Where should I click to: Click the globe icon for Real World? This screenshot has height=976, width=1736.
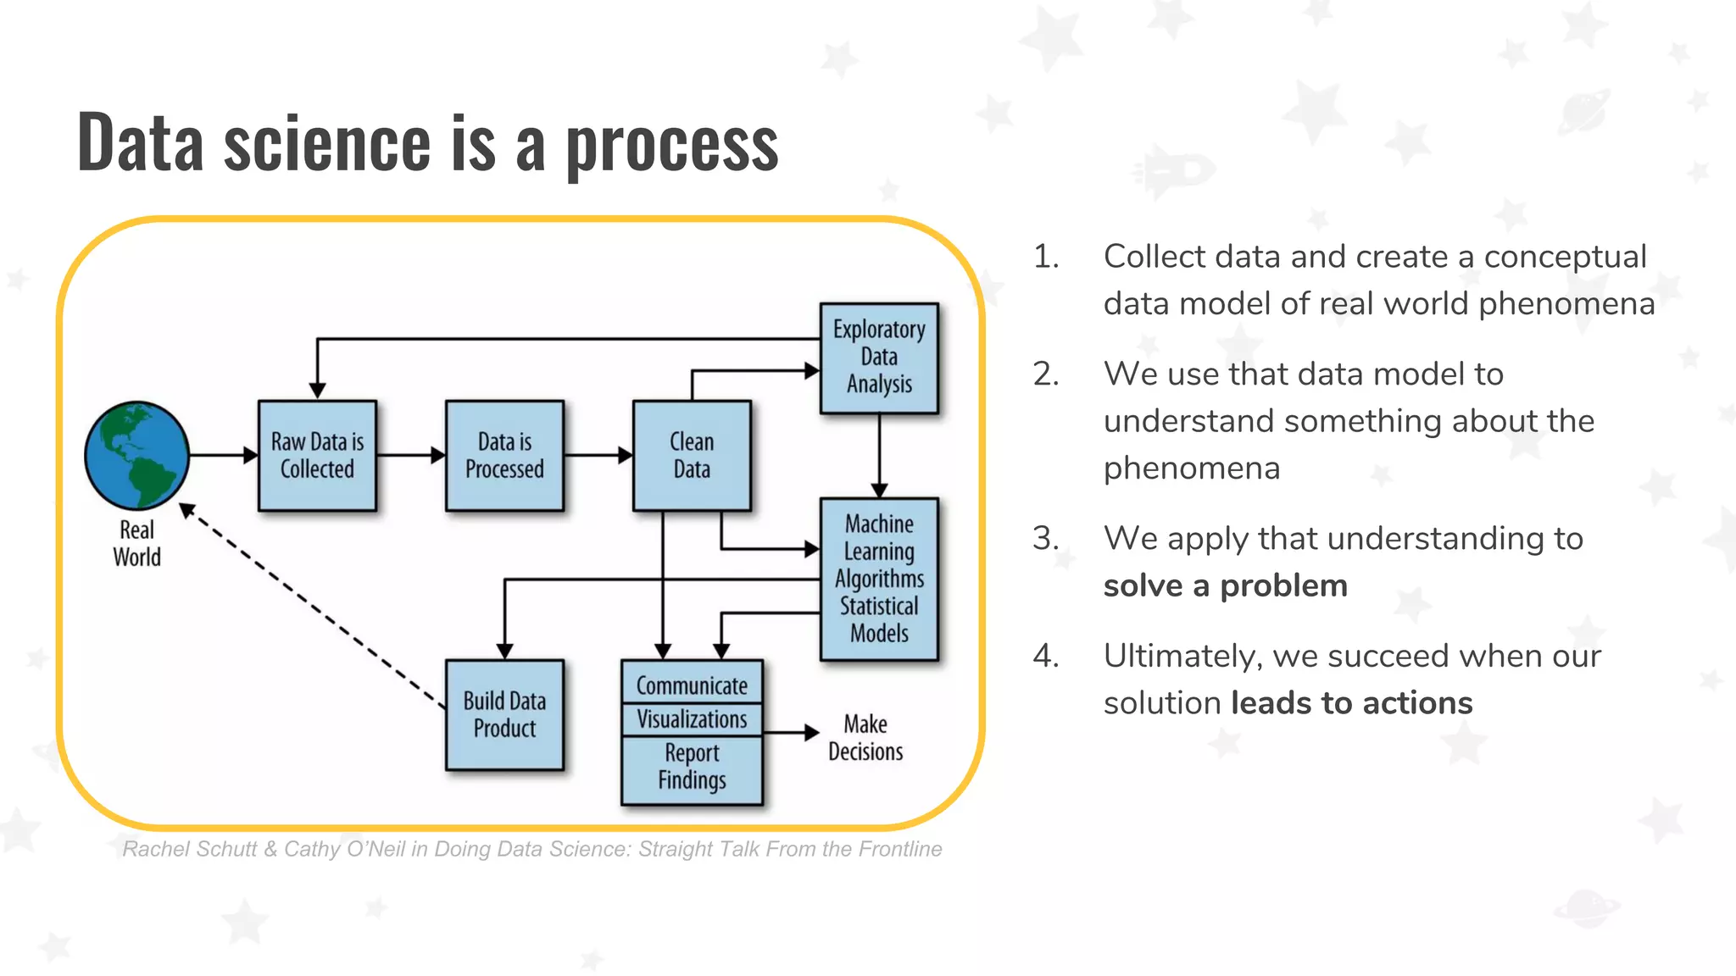pyautogui.click(x=136, y=455)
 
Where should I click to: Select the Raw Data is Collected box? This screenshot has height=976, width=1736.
pyautogui.click(x=317, y=455)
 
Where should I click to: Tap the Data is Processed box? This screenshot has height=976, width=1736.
pyautogui.click(x=504, y=455)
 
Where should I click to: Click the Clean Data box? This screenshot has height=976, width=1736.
pyautogui.click(x=692, y=455)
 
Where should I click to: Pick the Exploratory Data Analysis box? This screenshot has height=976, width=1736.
pyautogui.click(x=879, y=358)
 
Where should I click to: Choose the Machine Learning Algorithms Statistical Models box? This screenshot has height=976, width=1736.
pyautogui.click(x=879, y=579)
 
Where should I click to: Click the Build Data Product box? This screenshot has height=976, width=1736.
pyautogui.click(x=504, y=714)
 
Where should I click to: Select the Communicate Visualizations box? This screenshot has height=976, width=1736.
pyautogui.click(x=692, y=701)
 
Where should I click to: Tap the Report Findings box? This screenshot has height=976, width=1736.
pyautogui.click(x=692, y=768)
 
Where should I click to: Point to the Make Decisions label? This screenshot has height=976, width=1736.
pyautogui.click(x=865, y=738)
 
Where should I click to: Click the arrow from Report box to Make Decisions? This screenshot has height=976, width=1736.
pyautogui.click(x=790, y=732)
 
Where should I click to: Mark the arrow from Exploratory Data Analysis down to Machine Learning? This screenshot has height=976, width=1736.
pyautogui.click(x=879, y=454)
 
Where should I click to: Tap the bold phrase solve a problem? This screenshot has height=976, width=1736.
pyautogui.click(x=1225, y=585)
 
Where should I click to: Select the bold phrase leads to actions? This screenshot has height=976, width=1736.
pyautogui.click(x=1351, y=703)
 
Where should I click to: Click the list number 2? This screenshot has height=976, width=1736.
pyautogui.click(x=1046, y=374)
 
